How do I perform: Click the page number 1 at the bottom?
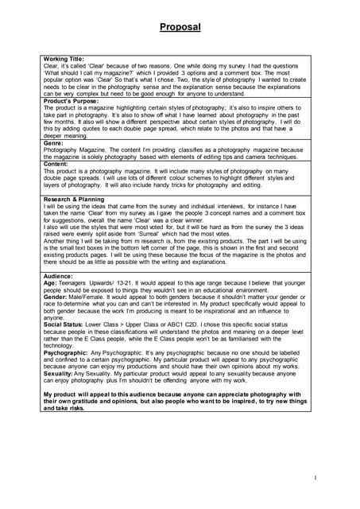315,477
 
